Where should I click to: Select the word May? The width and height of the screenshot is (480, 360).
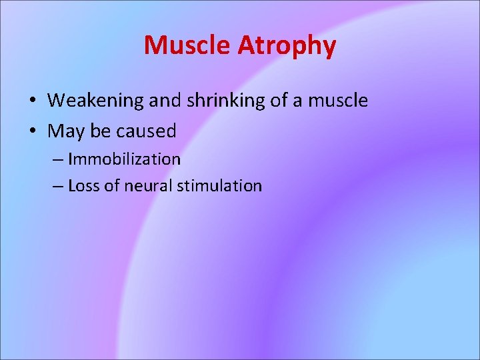coord(65,131)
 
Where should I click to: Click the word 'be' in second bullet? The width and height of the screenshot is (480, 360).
coord(100,131)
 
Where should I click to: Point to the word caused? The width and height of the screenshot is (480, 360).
coord(146,131)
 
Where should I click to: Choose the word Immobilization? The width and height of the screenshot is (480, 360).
coord(124,159)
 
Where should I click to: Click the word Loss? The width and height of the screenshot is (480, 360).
coord(83,186)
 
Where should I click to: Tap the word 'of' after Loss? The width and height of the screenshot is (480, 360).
coord(110,186)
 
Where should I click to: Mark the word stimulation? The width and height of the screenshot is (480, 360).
coord(219,186)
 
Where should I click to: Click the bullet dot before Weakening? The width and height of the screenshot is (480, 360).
coord(32,101)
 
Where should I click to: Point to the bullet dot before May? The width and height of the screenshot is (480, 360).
coord(32,131)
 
